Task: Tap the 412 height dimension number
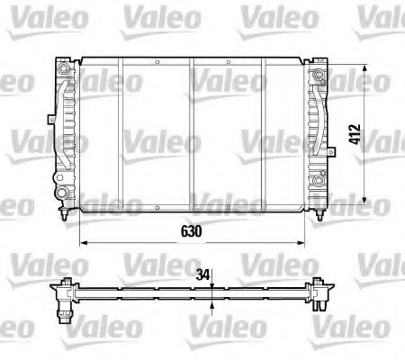tap(381, 134)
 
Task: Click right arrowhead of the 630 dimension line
tap(302, 242)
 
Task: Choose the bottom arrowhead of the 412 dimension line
tap(365, 200)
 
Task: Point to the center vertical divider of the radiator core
tap(192, 135)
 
